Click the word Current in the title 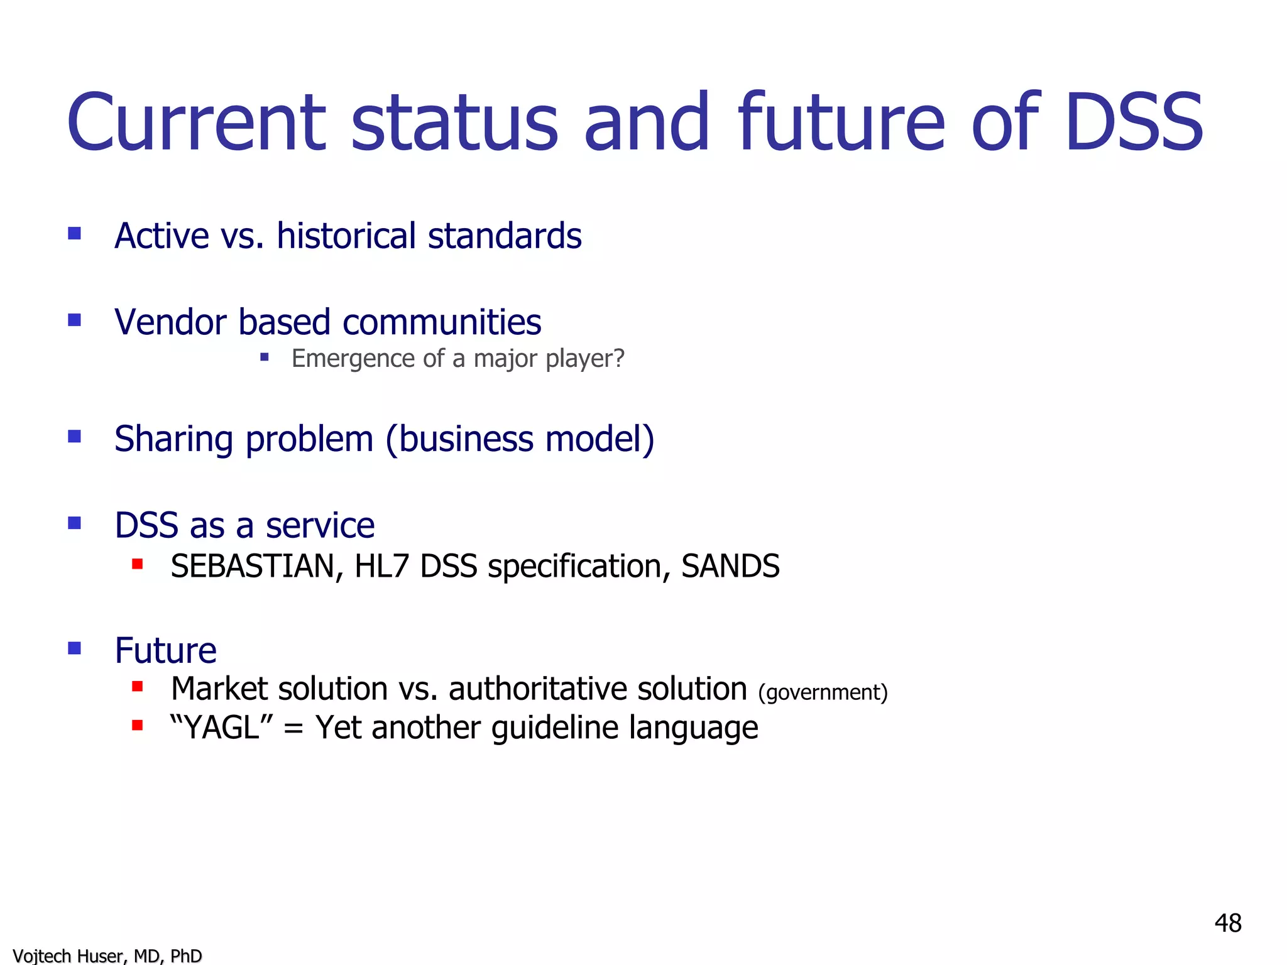[x=197, y=123]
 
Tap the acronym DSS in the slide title [x=1134, y=123]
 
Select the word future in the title [x=842, y=123]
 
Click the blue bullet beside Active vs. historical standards [x=75, y=234]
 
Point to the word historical [x=346, y=236]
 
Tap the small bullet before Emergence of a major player [x=265, y=357]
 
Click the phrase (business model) [x=520, y=439]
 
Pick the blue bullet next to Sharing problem [x=75, y=436]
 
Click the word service [x=320, y=526]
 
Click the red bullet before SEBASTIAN [x=138, y=564]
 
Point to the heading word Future [x=166, y=651]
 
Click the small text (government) [x=823, y=692]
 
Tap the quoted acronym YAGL [x=221, y=728]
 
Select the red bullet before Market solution [x=138, y=687]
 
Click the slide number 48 [x=1227, y=924]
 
